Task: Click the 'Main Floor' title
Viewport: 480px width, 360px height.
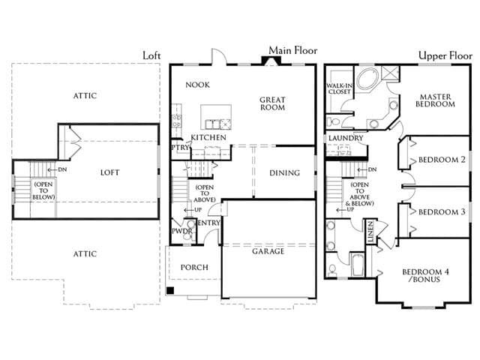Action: pos(293,50)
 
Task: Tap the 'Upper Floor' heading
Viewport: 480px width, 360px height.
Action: pos(445,55)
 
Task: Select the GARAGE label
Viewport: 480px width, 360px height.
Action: pos(268,251)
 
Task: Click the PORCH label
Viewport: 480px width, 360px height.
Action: pos(194,267)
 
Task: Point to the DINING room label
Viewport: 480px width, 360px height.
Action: pos(285,173)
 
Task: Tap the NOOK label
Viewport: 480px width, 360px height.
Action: pos(198,85)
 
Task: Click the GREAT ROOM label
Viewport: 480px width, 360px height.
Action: pos(272,103)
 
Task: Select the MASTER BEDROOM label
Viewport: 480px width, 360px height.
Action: pos(435,100)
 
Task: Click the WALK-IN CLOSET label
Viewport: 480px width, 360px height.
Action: pos(340,88)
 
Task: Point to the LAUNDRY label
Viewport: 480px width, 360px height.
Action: pos(346,138)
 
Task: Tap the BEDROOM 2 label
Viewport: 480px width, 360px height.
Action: pos(442,160)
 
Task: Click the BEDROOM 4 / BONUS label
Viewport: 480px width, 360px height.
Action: pos(425,275)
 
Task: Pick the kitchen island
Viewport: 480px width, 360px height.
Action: pos(216,117)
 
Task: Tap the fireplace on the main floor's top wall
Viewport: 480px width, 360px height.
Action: pos(271,61)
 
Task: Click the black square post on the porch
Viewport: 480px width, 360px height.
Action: pos(170,290)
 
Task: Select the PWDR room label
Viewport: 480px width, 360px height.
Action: pos(181,231)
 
